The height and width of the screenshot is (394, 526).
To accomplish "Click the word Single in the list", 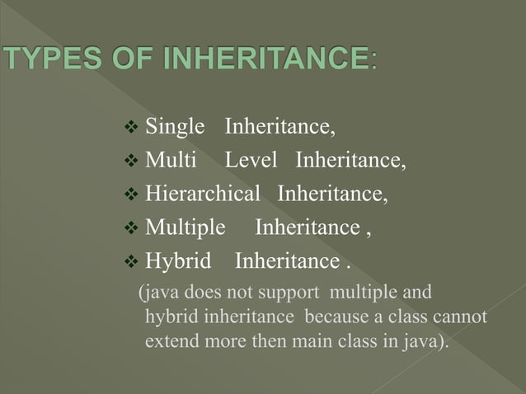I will click(x=175, y=127).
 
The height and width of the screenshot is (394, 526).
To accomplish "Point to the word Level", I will click(x=251, y=161).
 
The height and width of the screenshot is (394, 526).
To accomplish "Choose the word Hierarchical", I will click(x=202, y=195).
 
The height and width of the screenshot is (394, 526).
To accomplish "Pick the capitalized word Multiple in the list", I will click(x=185, y=228).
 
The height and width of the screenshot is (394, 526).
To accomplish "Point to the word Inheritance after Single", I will click(x=280, y=127).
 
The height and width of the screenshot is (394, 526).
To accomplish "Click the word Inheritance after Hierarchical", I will click(x=332, y=195).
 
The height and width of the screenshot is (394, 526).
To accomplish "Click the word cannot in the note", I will click(x=459, y=317).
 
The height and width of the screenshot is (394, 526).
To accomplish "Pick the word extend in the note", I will click(x=169, y=340).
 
